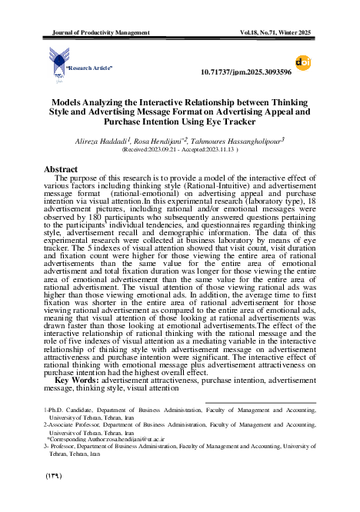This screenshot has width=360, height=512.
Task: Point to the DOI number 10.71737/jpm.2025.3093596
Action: [x=245, y=72]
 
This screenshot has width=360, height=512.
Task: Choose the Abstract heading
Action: [x=61, y=168]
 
